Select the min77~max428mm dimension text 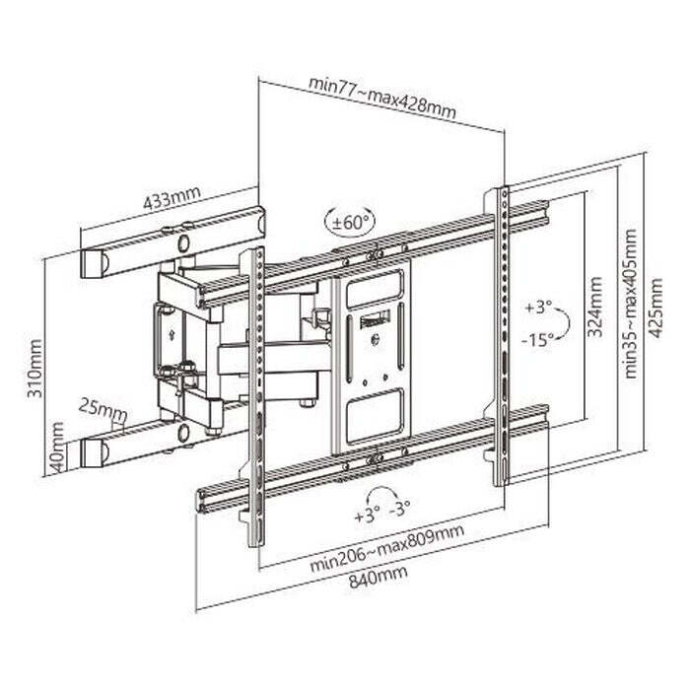pos(382,99)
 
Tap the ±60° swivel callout pos(350,222)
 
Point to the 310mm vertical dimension pos(35,368)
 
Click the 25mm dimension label pos(103,410)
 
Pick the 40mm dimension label pos(57,447)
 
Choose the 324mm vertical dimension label pos(595,307)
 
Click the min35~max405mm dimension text pos(630,304)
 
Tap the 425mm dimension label pos(655,308)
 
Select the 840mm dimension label pos(379,577)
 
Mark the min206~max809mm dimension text pos(387,548)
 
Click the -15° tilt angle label pos(538,340)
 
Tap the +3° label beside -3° pos(367,515)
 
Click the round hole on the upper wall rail pos(183,242)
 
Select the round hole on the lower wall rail pos(184,433)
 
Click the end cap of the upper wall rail pos(94,264)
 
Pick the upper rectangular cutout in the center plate pos(375,289)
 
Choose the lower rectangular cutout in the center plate pos(375,416)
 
